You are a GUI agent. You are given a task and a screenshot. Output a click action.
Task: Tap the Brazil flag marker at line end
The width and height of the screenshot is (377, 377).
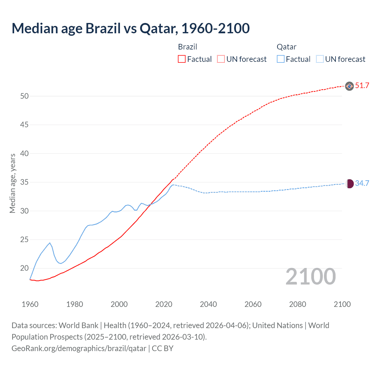349,86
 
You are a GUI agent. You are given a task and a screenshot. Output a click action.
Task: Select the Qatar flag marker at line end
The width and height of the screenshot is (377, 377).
349,184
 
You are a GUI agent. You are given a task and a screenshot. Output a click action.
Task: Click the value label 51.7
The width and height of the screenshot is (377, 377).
362,86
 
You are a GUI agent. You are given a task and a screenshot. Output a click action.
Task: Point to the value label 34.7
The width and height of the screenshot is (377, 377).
362,183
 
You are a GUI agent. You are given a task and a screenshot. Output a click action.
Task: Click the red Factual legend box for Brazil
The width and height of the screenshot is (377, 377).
182,59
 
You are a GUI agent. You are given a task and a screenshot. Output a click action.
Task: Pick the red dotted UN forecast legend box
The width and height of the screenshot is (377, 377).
221,59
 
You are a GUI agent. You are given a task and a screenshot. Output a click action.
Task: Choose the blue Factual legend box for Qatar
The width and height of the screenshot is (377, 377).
281,59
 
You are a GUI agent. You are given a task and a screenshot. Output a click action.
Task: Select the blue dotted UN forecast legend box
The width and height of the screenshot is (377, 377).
320,59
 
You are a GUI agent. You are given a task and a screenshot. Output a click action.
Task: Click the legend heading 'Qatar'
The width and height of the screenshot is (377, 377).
286,47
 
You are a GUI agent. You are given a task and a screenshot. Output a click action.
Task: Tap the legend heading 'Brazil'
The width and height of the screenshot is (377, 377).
187,47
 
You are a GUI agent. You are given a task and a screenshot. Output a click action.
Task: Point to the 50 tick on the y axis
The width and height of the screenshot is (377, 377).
24,96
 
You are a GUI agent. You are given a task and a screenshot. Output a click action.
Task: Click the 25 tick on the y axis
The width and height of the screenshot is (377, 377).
24,240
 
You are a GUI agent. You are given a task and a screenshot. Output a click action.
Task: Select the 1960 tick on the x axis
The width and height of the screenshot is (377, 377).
30,304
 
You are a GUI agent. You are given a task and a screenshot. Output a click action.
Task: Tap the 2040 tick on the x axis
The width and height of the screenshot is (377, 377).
208,304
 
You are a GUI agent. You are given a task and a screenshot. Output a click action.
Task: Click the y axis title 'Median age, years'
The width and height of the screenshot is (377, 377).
12,183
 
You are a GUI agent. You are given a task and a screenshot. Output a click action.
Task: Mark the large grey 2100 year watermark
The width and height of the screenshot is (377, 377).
310,277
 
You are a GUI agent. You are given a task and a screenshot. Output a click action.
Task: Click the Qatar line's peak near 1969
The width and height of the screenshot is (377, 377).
50,243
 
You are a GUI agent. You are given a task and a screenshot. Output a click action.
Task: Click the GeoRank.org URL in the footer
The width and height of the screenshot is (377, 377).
79,348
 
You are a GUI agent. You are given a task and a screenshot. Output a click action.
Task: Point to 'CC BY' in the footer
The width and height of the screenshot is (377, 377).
163,348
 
